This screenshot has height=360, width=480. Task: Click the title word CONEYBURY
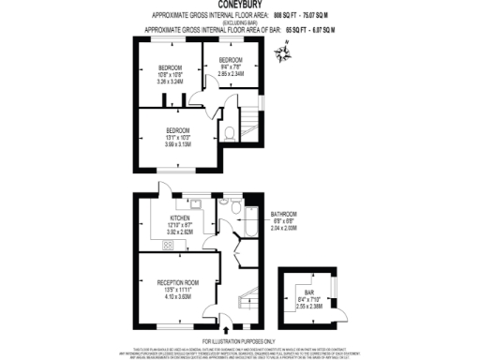[240, 6]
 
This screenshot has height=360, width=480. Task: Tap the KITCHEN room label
[180, 217]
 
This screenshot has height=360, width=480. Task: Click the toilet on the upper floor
[230, 134]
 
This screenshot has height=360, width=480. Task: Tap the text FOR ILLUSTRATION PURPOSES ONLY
[239, 340]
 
